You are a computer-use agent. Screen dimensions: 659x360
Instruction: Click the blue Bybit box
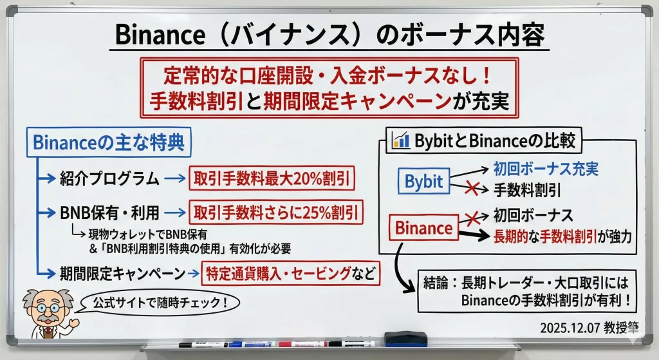click(x=423, y=181)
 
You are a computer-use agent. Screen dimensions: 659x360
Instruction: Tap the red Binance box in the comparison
click(x=423, y=227)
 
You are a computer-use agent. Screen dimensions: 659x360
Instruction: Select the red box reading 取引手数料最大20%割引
click(x=272, y=178)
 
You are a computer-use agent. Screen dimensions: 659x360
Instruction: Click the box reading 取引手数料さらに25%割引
click(x=275, y=212)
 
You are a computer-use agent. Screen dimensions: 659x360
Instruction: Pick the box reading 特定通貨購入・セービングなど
click(x=291, y=273)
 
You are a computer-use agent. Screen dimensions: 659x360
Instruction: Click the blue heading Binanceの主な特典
click(x=109, y=142)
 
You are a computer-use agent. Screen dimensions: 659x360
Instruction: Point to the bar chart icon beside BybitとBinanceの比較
click(x=400, y=140)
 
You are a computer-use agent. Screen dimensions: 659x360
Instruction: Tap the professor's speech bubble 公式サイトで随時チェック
click(x=160, y=303)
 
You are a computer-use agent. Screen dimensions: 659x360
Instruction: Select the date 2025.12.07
click(x=570, y=328)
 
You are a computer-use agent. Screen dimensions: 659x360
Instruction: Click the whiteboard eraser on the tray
click(x=405, y=339)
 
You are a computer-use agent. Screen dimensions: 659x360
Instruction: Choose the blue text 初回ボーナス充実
click(x=546, y=169)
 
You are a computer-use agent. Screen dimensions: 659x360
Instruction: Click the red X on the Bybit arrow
click(x=472, y=188)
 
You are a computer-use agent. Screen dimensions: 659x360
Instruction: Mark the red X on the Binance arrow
click(x=472, y=218)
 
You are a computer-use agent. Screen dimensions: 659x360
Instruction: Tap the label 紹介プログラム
click(x=109, y=178)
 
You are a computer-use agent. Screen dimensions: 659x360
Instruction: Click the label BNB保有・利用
click(x=109, y=213)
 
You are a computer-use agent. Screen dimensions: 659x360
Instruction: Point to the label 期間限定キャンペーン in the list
click(x=122, y=274)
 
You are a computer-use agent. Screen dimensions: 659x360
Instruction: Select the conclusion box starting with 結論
click(x=526, y=291)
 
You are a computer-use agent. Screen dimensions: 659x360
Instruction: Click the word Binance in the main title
click(x=160, y=35)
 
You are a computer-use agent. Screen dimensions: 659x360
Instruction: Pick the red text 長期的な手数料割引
click(x=545, y=236)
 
